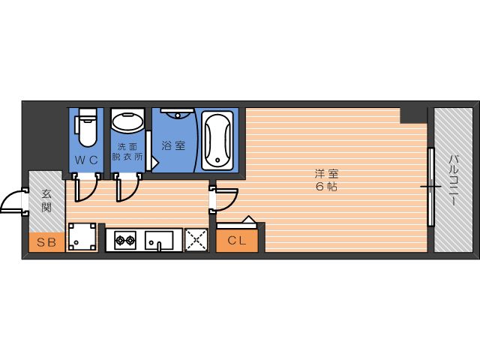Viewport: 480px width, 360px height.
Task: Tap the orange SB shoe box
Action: pos(46,241)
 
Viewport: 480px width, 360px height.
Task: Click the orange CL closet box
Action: pos(237,241)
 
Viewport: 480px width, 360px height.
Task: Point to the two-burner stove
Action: pos(124,241)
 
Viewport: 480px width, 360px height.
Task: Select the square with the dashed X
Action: pos(196,240)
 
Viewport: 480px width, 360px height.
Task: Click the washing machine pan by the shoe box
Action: pos(82,238)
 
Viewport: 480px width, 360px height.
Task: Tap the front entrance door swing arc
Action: pos(13,202)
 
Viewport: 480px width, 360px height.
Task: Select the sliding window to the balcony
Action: pos(431,186)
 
